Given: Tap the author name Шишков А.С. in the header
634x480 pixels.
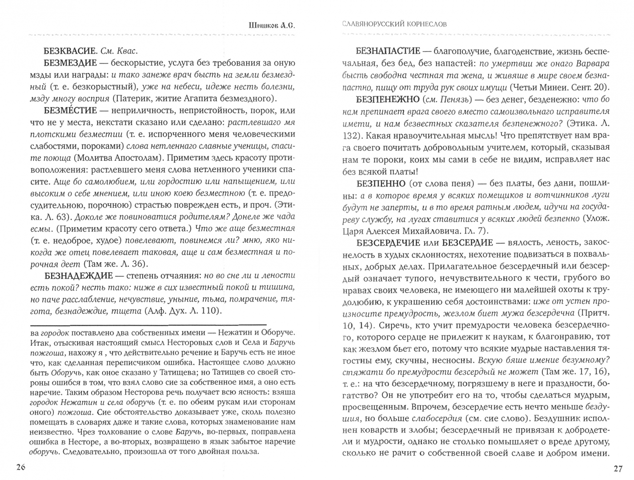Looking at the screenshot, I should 271,25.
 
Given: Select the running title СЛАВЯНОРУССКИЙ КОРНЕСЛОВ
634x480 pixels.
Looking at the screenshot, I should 395,24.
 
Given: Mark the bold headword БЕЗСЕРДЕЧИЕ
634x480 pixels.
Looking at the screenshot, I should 388,242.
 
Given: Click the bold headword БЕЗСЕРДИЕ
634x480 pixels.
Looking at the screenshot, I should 467,242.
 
